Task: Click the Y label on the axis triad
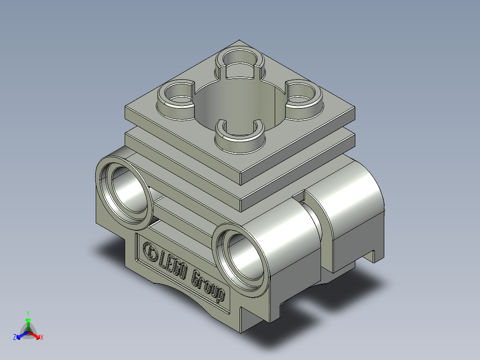point(28,313)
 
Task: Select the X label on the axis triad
point(41,338)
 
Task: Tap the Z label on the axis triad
point(15,338)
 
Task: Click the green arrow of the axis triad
point(28,322)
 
